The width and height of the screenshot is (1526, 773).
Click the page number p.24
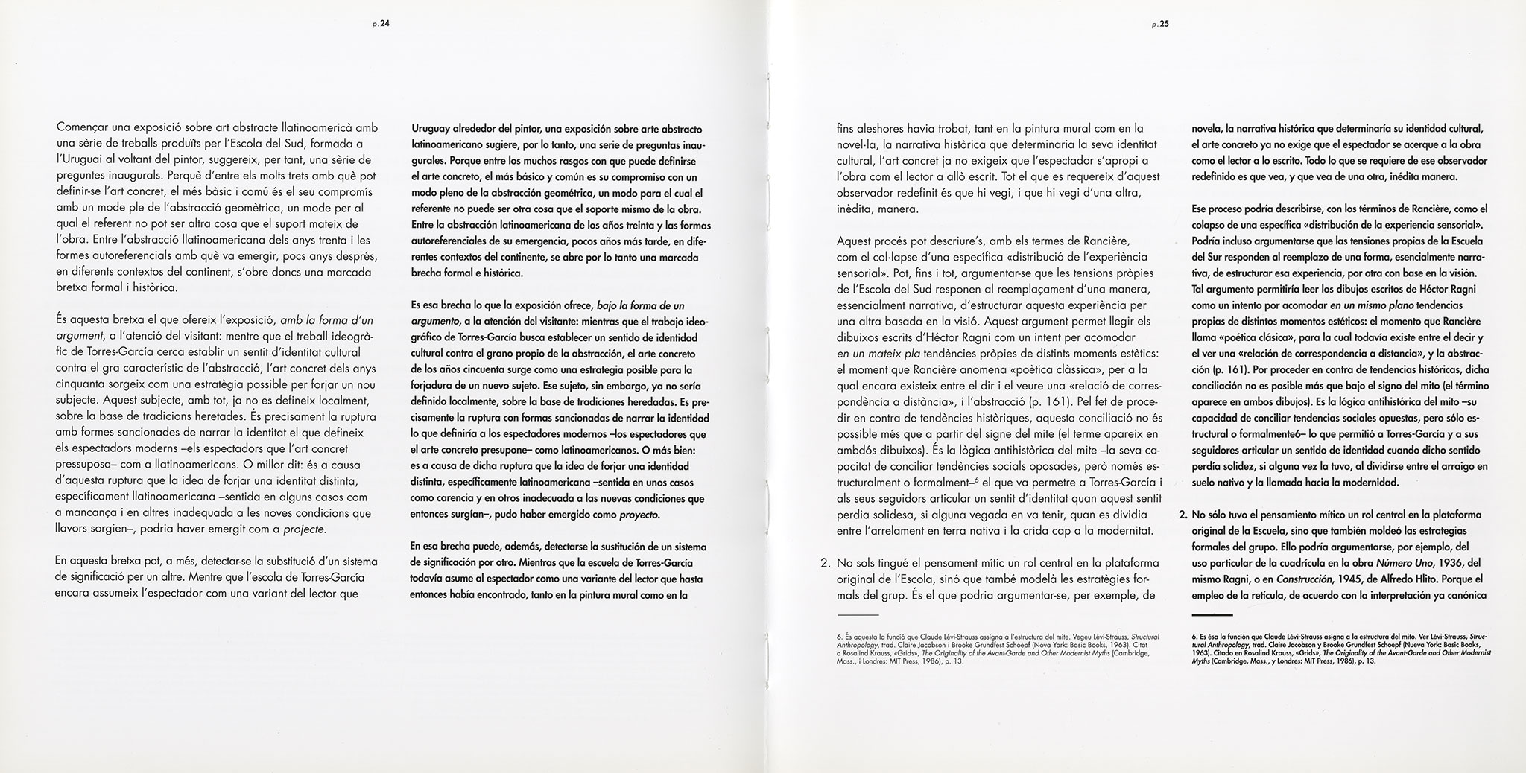tap(381, 25)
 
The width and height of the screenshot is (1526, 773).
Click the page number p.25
tap(1159, 25)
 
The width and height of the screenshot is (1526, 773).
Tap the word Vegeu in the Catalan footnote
tap(1075, 637)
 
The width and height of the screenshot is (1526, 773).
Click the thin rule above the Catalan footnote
tap(858, 614)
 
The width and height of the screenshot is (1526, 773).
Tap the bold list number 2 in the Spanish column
tap(1183, 515)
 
